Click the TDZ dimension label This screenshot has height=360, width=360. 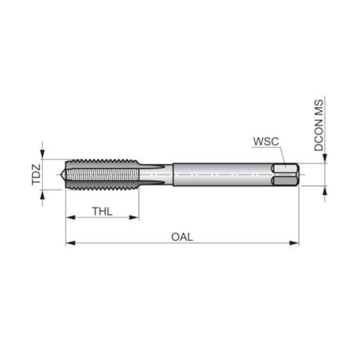click(35, 174)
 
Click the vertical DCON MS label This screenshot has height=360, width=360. click(319, 125)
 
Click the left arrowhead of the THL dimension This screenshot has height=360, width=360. click(70, 218)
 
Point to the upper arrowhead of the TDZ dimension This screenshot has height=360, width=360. click(43, 157)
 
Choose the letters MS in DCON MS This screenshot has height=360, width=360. click(319, 106)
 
